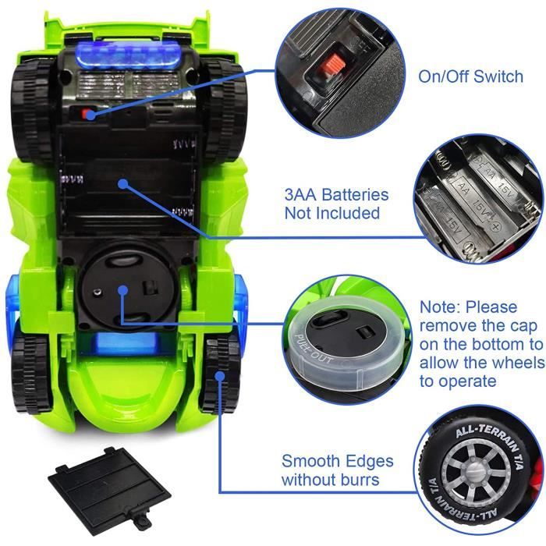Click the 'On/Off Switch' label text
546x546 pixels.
[x=471, y=77]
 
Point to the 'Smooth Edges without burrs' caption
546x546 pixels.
[x=337, y=470]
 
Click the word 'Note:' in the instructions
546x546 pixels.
[x=441, y=307]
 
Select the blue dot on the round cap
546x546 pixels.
[x=123, y=290]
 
